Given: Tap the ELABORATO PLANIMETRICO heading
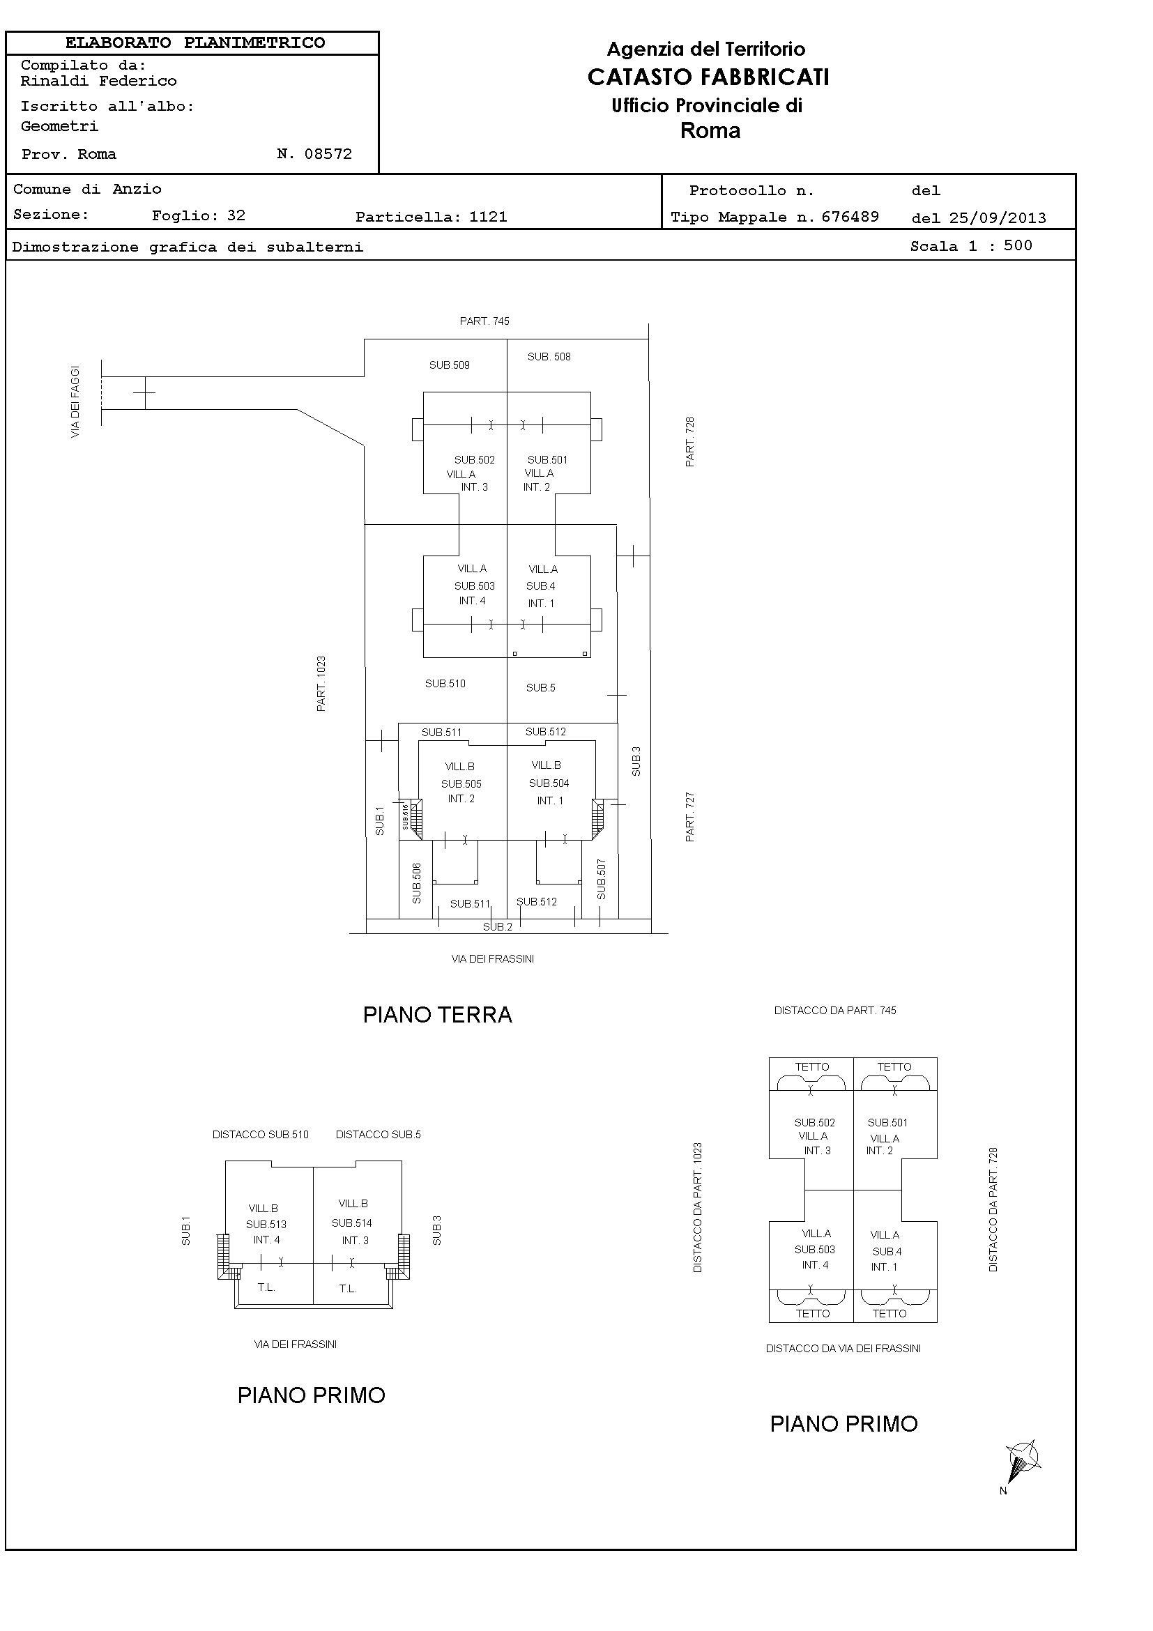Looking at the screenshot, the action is (x=195, y=43).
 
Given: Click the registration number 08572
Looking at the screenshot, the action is (x=328, y=154).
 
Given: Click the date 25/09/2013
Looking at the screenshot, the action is (x=998, y=218).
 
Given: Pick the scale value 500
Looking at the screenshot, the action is (x=1018, y=246).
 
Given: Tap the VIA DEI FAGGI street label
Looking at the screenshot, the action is (x=75, y=401).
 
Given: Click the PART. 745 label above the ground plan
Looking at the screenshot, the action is (x=484, y=321).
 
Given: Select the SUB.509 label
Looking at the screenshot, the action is (x=449, y=365).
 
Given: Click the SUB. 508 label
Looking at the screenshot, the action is (x=549, y=357).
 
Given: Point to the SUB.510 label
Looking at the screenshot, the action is (x=445, y=683).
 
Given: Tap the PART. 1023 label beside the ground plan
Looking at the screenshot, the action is (x=322, y=683).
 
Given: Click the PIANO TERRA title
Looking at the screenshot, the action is (x=438, y=1014).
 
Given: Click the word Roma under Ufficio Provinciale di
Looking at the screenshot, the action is (x=710, y=131).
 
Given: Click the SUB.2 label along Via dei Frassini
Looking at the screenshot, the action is (x=497, y=927).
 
